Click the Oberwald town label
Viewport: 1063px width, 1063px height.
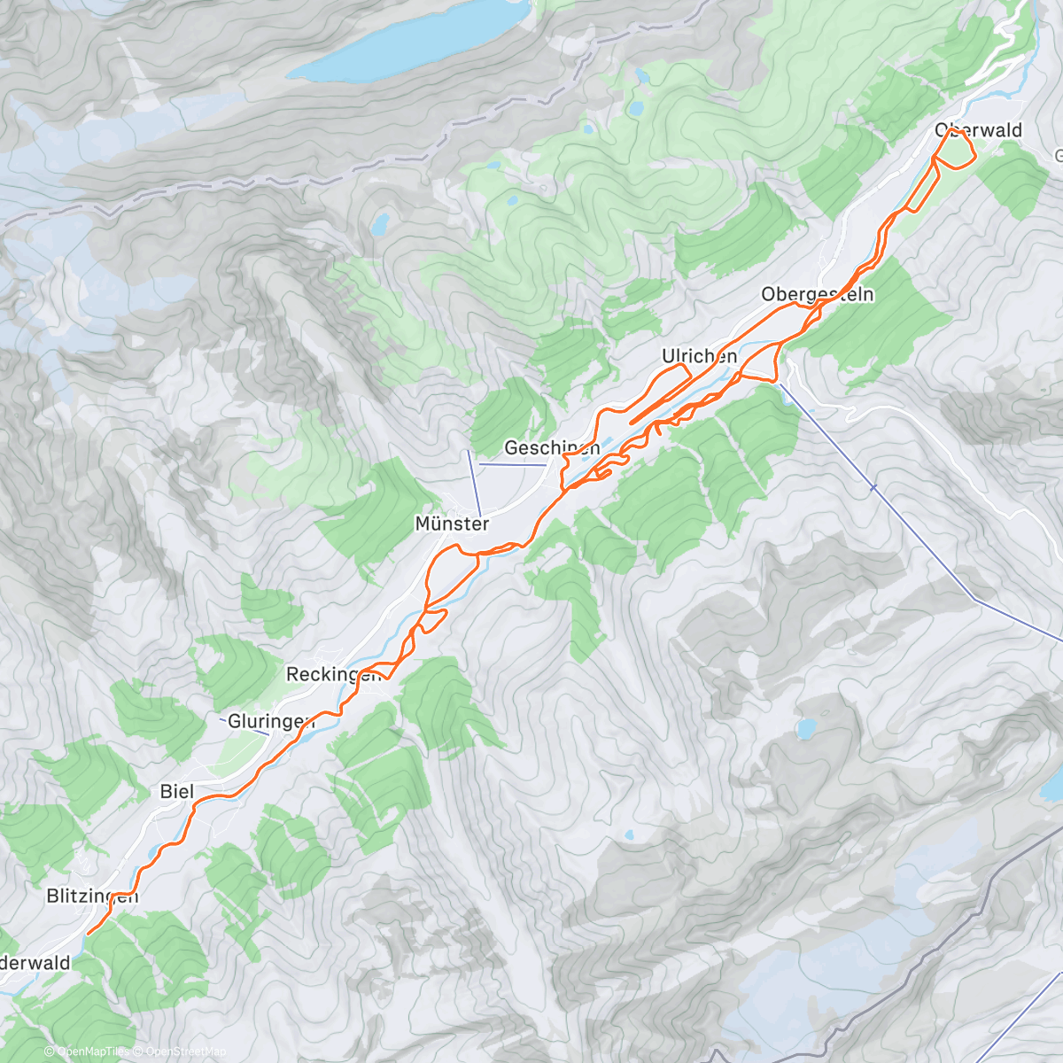pyautogui.click(x=978, y=131)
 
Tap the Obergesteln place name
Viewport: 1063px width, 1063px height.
pyautogui.click(x=817, y=294)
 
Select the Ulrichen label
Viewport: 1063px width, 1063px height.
pyautogui.click(x=699, y=356)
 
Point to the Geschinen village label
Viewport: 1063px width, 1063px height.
pyautogui.click(x=552, y=448)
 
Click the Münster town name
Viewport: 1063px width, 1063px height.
pyautogui.click(x=452, y=524)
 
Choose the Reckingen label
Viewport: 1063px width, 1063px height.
pyautogui.click(x=333, y=674)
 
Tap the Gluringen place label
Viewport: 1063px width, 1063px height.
pyautogui.click(x=270, y=721)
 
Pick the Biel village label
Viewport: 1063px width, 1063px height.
pyautogui.click(x=177, y=791)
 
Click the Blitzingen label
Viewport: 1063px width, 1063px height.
pyautogui.click(x=92, y=896)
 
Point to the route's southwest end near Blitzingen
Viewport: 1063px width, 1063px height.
pyautogui.click(x=89, y=932)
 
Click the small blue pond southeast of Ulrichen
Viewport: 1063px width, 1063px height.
pyautogui.click(x=805, y=729)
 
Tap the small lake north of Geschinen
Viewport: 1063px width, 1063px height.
pyautogui.click(x=380, y=223)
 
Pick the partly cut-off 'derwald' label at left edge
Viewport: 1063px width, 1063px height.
pyautogui.click(x=35, y=963)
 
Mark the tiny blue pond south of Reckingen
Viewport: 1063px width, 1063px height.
pyautogui.click(x=628, y=834)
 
